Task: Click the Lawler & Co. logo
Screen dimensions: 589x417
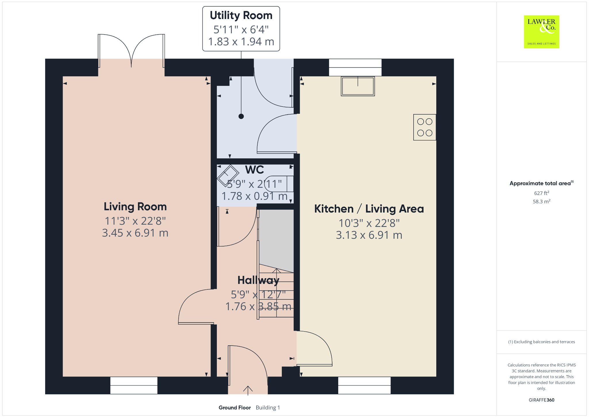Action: [x=541, y=32]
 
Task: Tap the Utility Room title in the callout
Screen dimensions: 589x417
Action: [x=241, y=16]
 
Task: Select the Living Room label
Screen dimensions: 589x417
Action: [x=135, y=206]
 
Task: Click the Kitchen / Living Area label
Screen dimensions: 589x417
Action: [x=369, y=209]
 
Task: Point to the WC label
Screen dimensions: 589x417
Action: [x=255, y=170]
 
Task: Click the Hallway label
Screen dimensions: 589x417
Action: [x=258, y=280]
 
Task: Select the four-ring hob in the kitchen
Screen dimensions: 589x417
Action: [x=425, y=127]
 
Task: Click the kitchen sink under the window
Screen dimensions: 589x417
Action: [x=358, y=86]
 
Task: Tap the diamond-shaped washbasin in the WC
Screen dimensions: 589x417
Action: [x=228, y=175]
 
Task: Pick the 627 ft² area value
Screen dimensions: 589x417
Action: [x=542, y=193]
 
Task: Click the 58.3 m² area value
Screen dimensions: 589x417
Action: [x=542, y=201]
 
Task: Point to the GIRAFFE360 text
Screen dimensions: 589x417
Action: [x=542, y=400]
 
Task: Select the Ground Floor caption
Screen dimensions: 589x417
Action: [x=235, y=407]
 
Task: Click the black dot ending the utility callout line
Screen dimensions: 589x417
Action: [x=241, y=116]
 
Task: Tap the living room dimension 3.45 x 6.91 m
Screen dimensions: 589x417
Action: [x=135, y=233]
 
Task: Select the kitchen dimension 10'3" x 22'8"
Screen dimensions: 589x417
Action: [x=369, y=223]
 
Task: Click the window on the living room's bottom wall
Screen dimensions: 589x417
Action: [x=134, y=385]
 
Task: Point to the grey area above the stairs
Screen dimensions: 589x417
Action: [x=276, y=240]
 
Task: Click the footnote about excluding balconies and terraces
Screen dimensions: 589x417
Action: [x=542, y=342]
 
